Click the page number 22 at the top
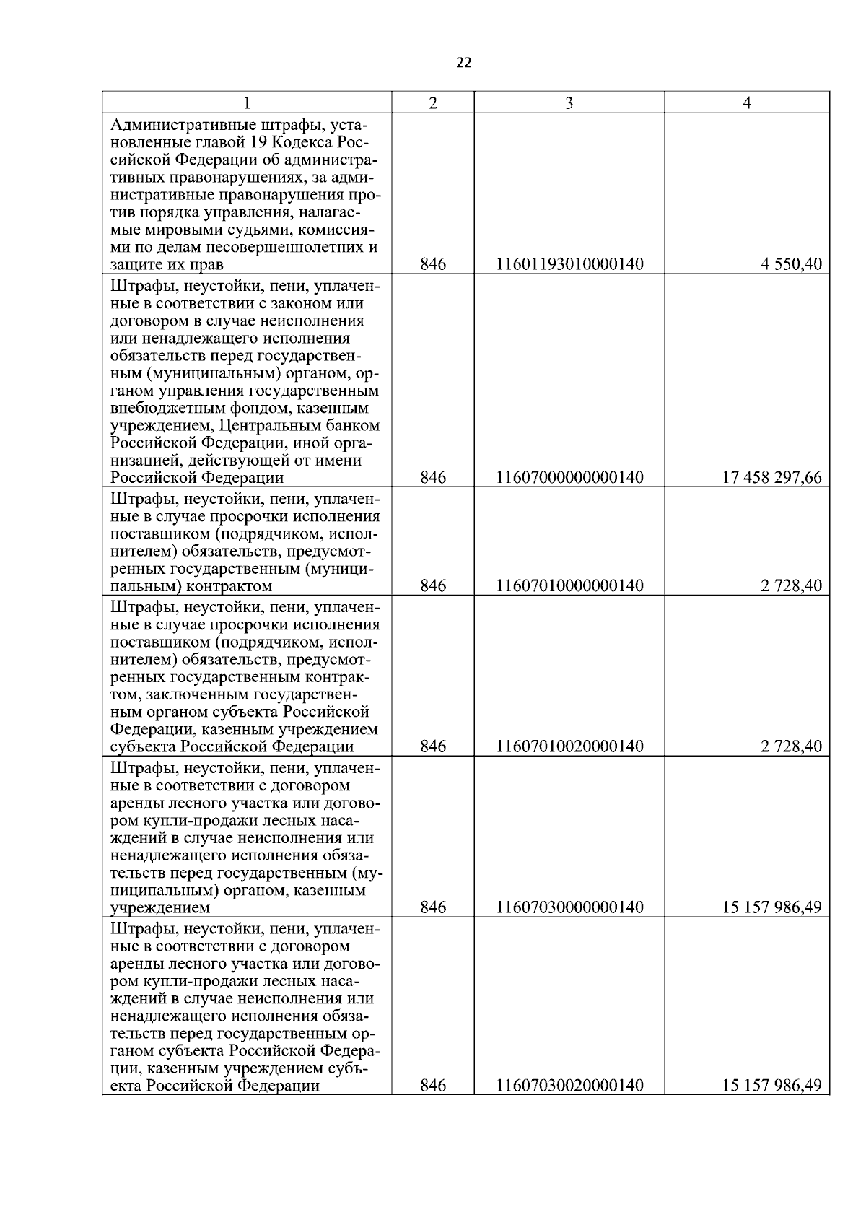463,63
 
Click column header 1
246,103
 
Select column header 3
569,103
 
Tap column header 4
747,103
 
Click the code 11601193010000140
569,265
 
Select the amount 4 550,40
790,265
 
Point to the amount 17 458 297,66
771,478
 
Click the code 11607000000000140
569,478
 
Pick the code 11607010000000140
569,585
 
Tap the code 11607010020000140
569,746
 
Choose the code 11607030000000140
569,907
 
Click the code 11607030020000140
569,1086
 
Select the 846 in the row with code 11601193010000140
433,265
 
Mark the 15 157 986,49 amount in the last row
771,1086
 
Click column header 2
433,103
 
